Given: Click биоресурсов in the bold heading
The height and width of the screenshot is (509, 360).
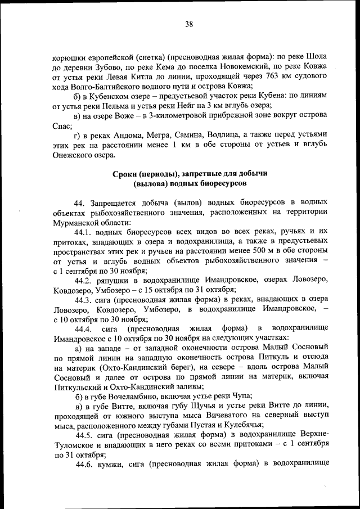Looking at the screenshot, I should (x=221, y=183).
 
